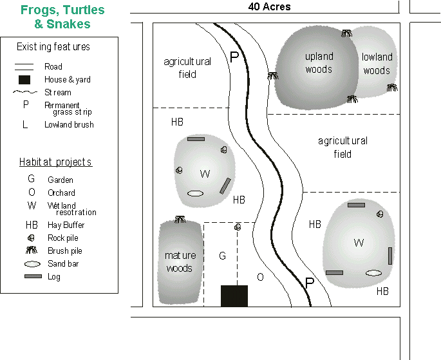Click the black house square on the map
tap(234, 296)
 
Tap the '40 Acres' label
tap(269, 7)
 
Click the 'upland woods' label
tap(319, 63)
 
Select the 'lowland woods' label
tap(377, 64)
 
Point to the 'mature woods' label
tap(180, 261)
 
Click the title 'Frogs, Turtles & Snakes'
tap(62, 17)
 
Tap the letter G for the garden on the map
tap(222, 256)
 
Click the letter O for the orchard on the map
tap(260, 278)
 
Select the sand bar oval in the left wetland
tap(196, 193)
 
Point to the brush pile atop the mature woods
tap(180, 220)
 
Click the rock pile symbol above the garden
tap(238, 227)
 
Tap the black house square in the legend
tap(24, 80)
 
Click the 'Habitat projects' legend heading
tap(55, 162)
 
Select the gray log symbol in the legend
tap(33, 276)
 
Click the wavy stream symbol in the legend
tap(24, 93)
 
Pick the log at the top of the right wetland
tap(356, 205)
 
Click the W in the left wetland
tap(205, 174)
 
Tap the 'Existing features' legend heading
tap(53, 47)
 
